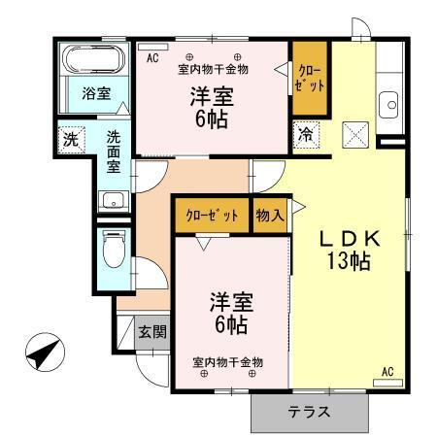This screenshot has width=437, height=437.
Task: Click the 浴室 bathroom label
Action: coord(95,94)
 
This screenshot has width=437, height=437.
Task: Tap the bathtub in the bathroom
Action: coord(93,62)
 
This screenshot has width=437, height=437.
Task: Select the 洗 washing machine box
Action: coord(70,138)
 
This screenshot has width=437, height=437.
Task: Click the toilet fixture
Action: coord(113,249)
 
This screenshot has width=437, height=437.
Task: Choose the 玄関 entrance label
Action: coord(151,331)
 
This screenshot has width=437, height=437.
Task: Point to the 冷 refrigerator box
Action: coord(306,133)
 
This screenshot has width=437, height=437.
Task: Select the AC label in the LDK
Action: coord(387,371)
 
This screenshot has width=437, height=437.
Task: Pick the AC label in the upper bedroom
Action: coord(152,58)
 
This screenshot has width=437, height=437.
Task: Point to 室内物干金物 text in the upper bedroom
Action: coord(213,69)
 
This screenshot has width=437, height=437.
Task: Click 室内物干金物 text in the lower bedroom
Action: coord(227,362)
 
